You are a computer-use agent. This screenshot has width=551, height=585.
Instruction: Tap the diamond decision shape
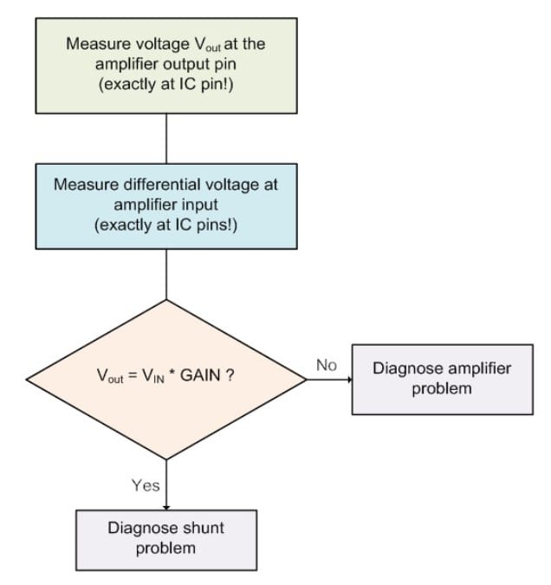(x=165, y=379)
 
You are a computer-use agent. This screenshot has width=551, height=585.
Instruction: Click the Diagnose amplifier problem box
(x=442, y=379)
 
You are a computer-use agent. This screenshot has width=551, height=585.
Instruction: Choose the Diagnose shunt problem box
(x=165, y=537)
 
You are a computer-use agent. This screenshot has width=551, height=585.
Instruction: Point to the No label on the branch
(x=326, y=366)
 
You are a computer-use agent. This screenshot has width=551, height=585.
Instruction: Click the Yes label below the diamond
(x=146, y=485)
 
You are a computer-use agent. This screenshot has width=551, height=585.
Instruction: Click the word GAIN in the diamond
(x=204, y=380)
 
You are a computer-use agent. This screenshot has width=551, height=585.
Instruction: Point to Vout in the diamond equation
(x=108, y=380)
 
